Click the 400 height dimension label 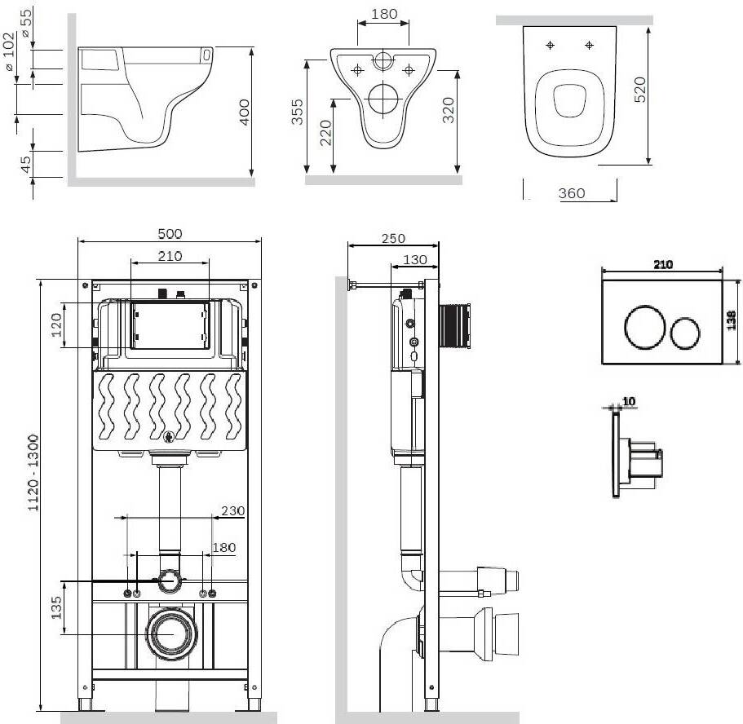244,112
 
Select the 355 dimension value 297,112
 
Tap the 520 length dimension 639,90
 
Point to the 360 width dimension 572,193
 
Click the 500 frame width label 170,234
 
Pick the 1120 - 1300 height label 33,472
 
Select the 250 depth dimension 393,238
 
